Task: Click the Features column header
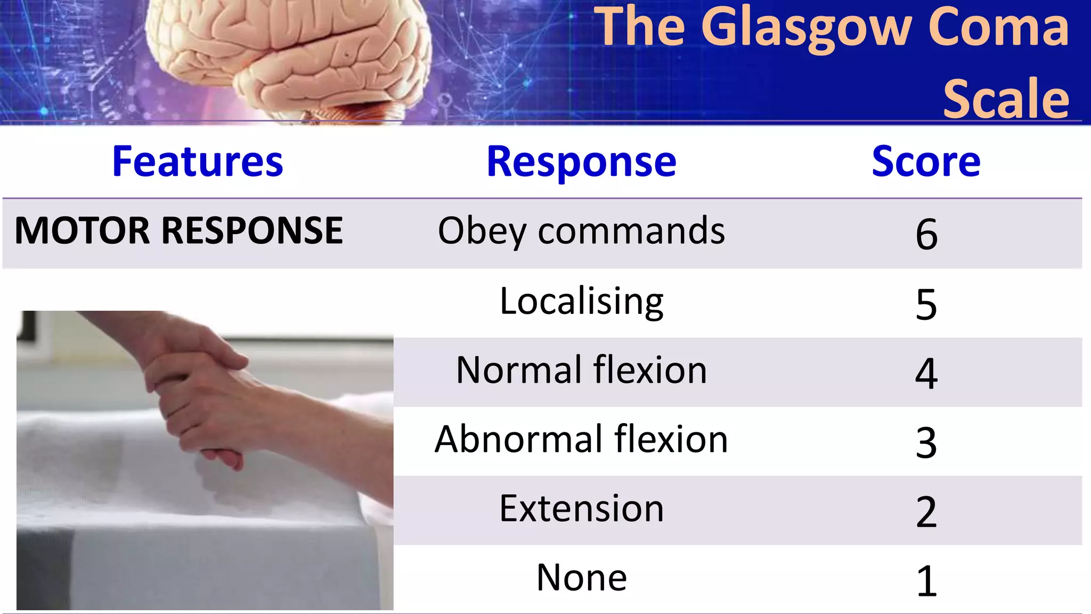pyautogui.click(x=198, y=161)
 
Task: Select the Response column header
pyautogui.click(x=581, y=161)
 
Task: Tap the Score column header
pyautogui.click(x=926, y=161)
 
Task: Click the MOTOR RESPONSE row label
pyautogui.click(x=178, y=231)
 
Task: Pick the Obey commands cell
pyautogui.click(x=581, y=231)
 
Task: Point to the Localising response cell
pyautogui.click(x=581, y=301)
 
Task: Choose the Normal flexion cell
pyautogui.click(x=581, y=370)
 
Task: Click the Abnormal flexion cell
pyautogui.click(x=581, y=439)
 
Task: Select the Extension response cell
pyautogui.click(x=581, y=508)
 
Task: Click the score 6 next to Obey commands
pyautogui.click(x=926, y=234)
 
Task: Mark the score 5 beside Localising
pyautogui.click(x=926, y=304)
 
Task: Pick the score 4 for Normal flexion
pyautogui.click(x=926, y=373)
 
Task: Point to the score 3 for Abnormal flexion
pyautogui.click(x=926, y=442)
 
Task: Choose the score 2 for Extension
pyautogui.click(x=926, y=512)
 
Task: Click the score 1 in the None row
pyautogui.click(x=926, y=581)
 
